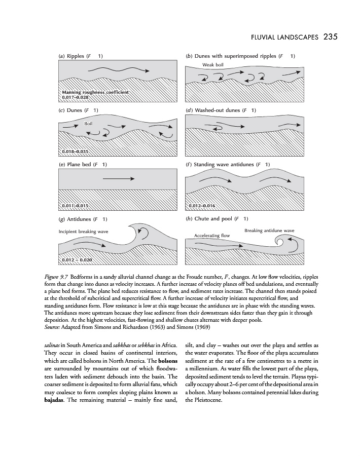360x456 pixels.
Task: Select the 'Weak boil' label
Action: coord(212,65)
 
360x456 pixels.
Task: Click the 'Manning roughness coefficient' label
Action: coord(95,92)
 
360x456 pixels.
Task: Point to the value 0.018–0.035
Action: coord(75,151)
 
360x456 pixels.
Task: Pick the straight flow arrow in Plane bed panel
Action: coord(118,178)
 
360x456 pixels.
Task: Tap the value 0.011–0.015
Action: coord(75,206)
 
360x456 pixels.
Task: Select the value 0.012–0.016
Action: coord(202,206)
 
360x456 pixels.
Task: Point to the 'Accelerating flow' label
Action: coord(212,236)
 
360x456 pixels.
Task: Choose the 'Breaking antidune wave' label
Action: coord(269,231)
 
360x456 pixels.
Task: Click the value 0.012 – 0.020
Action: coord(77,260)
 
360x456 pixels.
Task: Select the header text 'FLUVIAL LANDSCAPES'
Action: coord(281,37)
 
